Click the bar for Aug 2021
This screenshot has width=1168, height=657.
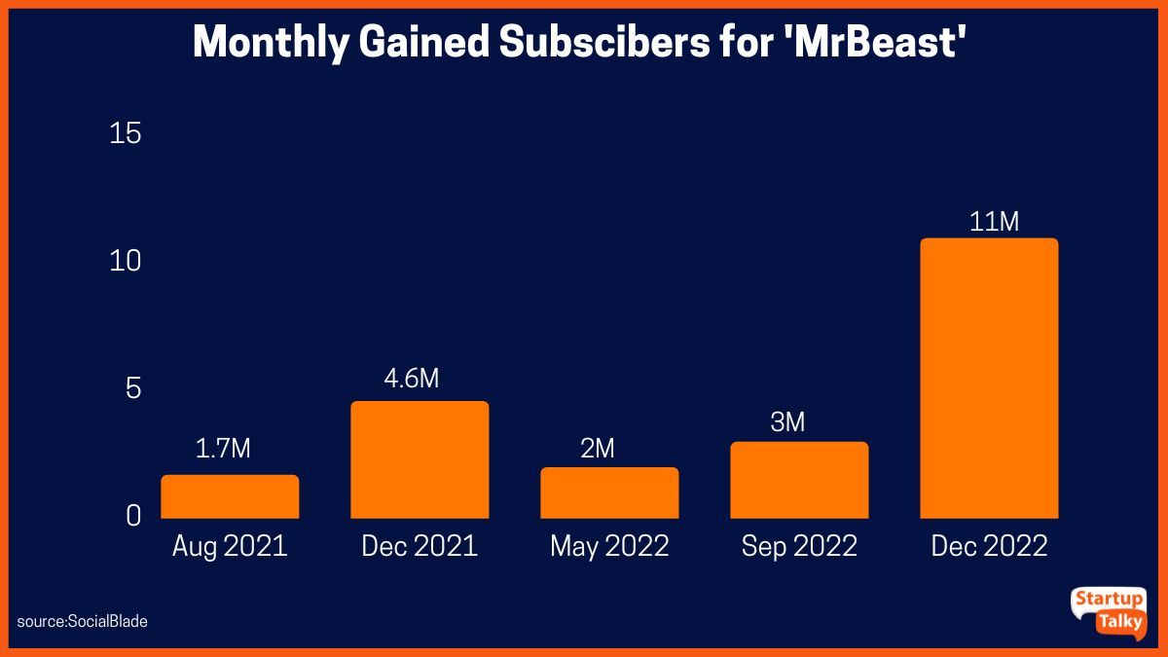coord(230,496)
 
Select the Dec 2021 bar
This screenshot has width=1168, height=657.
coord(420,459)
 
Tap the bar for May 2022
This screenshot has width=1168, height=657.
coord(609,493)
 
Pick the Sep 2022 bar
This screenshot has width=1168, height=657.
coord(799,480)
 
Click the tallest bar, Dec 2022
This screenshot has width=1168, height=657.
coord(989,378)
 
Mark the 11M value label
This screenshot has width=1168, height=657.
coord(995,222)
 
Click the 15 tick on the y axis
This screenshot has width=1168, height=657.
coord(126,133)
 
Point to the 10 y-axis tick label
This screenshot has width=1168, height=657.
coord(126,261)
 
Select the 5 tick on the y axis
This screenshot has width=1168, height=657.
coord(133,388)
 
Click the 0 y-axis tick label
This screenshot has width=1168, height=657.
coord(133,516)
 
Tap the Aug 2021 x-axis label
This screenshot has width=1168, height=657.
coord(230,546)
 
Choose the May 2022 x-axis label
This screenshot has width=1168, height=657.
coord(609,546)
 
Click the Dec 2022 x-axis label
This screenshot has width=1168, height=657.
coord(989,546)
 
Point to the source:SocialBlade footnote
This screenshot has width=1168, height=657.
coord(83,621)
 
